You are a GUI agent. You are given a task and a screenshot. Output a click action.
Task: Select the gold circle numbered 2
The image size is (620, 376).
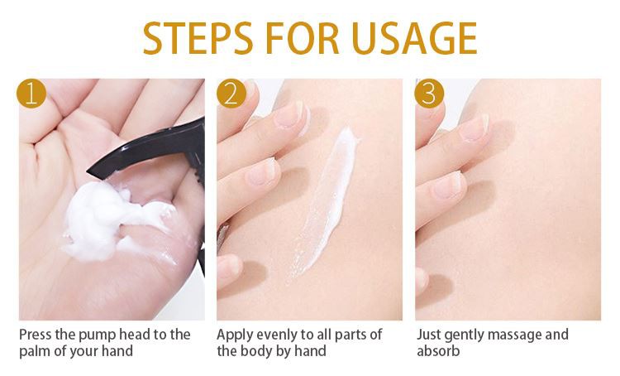[x=231, y=94]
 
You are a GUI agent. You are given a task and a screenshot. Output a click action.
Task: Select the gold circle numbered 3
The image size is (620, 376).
[x=429, y=94]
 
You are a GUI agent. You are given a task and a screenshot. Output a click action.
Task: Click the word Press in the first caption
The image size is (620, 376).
[x=36, y=335]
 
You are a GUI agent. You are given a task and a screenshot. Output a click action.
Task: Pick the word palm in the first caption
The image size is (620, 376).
[x=36, y=351]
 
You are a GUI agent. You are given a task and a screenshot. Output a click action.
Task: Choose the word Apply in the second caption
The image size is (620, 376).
[x=235, y=335]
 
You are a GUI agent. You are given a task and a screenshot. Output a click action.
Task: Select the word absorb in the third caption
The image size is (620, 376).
[x=437, y=351]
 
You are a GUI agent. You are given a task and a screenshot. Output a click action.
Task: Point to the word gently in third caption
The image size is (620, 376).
[x=461, y=335]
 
